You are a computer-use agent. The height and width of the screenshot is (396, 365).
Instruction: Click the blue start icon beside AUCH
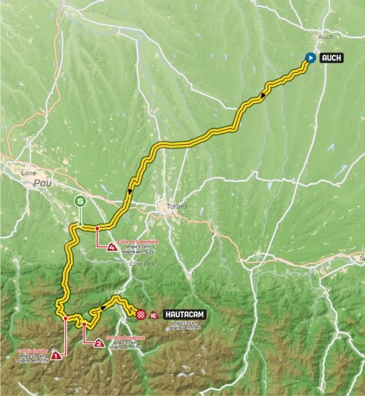pos(310,58)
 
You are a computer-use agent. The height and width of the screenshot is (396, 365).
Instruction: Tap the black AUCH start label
pos(330,58)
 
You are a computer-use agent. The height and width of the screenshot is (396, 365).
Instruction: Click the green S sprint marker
pos(80,201)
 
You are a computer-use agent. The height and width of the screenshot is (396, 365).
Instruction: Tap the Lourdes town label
pos(142,264)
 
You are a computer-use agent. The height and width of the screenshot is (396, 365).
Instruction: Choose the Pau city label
pos(43,183)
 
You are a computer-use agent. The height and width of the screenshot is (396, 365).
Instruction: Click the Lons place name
pos(29,173)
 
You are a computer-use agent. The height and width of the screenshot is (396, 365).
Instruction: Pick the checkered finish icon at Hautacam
pos(140,314)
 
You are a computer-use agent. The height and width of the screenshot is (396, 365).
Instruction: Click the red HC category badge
pos(153,314)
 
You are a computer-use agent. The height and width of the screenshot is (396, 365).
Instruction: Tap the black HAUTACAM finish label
pos(182,314)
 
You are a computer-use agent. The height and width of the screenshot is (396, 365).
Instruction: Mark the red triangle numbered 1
pos(57,355)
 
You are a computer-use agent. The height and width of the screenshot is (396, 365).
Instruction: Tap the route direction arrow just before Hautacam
pos(103,308)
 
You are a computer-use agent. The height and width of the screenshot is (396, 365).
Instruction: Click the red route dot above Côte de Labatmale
pos(97,228)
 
